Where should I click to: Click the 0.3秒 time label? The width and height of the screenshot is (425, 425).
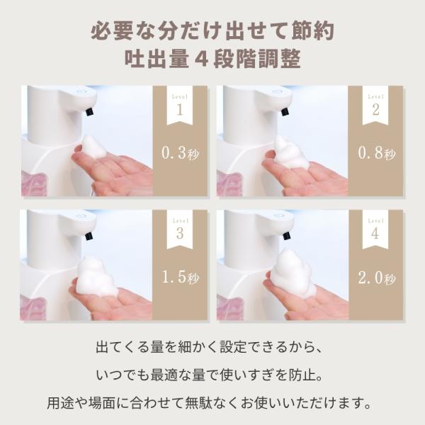click(x=180, y=153)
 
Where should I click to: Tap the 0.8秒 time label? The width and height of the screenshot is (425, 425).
click(x=377, y=153)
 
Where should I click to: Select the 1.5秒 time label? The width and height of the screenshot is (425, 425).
click(x=180, y=277)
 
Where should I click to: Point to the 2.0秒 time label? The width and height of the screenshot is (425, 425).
click(x=377, y=278)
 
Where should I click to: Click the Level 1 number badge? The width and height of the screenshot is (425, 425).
click(x=180, y=107)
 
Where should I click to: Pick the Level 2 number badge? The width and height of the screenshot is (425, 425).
click(x=375, y=107)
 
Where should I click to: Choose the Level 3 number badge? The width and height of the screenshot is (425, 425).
click(x=180, y=231)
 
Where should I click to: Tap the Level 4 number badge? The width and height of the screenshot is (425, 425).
click(x=375, y=231)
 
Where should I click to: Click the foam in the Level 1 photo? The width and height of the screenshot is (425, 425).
click(x=93, y=147)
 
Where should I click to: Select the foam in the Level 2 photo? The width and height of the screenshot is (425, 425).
click(x=291, y=152)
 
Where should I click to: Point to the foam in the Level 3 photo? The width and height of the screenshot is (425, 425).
click(x=96, y=276)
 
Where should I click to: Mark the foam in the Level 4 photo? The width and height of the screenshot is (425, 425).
click(x=293, y=273)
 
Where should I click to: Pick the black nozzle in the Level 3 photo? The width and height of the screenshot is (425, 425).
click(x=90, y=236)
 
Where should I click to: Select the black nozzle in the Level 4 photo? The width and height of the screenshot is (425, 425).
click(x=286, y=235)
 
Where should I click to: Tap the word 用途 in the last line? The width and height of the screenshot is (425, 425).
click(x=60, y=403)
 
